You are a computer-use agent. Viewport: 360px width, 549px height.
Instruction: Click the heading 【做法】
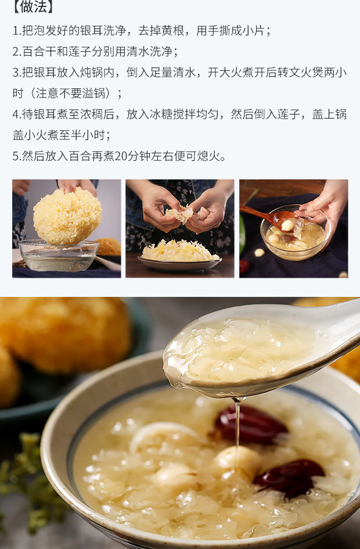[x=33, y=7]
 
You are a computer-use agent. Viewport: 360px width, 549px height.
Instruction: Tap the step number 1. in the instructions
[x=17, y=31]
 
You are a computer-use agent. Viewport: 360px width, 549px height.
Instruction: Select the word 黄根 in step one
[x=172, y=31]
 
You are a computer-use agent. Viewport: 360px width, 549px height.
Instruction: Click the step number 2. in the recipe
[x=17, y=52]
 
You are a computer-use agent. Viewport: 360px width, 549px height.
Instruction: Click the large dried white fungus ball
[x=67, y=216]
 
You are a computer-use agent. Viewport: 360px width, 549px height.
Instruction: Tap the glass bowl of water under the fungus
[x=59, y=255]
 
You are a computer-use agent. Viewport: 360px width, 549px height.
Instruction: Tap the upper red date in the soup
[x=250, y=425]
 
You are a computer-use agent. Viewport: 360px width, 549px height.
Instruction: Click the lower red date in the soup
[x=290, y=478]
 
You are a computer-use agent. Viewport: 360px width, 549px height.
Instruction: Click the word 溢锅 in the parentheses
[x=93, y=94]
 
